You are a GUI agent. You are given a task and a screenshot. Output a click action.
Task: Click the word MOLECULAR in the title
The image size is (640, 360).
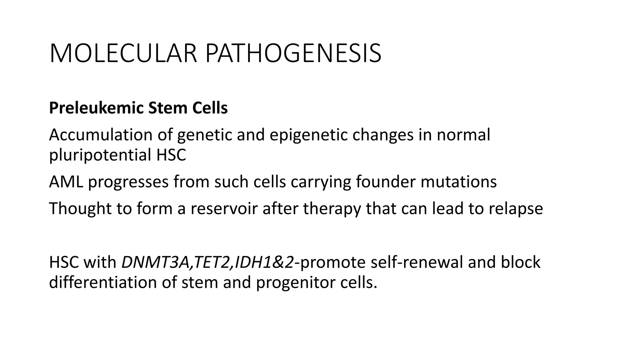123,54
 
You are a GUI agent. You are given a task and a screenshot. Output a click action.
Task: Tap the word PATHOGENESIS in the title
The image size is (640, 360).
293,54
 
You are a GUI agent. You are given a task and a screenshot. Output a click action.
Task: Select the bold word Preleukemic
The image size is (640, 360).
96,108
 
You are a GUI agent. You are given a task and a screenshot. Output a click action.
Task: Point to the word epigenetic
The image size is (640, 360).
308,135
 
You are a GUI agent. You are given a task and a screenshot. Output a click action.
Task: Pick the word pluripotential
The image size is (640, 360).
100,155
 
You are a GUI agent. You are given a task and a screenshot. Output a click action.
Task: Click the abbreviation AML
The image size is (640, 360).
66,182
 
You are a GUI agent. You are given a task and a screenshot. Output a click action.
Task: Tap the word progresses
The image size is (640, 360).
128,182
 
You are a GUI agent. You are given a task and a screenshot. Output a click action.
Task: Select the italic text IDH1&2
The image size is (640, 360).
264,262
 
